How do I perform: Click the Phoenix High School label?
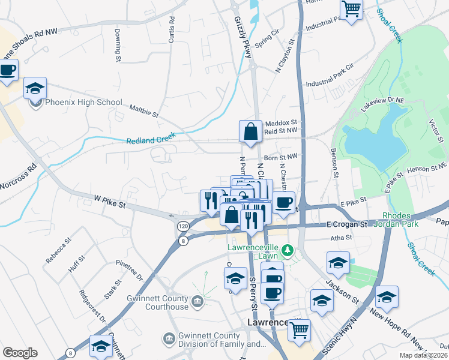(84, 103)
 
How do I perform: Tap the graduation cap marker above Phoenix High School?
(35, 88)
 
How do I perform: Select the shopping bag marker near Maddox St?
(250, 132)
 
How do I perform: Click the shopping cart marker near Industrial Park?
(351, 9)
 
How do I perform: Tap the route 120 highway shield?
(182, 226)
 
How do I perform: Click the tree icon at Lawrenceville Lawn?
(288, 250)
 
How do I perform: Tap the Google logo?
(20, 353)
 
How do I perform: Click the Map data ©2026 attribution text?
(423, 355)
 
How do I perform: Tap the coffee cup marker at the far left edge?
(8, 70)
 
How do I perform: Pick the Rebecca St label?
(59, 250)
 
